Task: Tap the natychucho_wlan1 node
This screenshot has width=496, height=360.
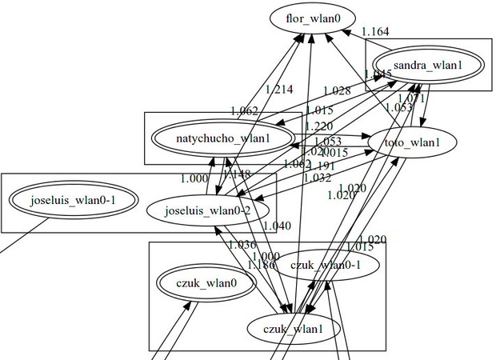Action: (223, 138)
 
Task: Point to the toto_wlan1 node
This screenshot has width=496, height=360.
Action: (413, 143)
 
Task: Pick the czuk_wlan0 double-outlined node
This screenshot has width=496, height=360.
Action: (207, 282)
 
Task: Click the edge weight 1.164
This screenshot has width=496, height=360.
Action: (375, 32)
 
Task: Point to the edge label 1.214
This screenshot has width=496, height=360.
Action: (278, 90)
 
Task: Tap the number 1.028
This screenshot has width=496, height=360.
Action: (337, 92)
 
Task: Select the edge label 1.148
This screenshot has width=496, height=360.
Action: (236, 174)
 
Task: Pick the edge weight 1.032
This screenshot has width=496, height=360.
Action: (317, 178)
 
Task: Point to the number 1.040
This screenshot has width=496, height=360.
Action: (277, 226)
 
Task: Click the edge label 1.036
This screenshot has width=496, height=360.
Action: (242, 245)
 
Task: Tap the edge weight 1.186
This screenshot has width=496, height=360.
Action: (261, 264)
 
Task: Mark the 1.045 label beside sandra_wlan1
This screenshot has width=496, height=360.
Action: (378, 74)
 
